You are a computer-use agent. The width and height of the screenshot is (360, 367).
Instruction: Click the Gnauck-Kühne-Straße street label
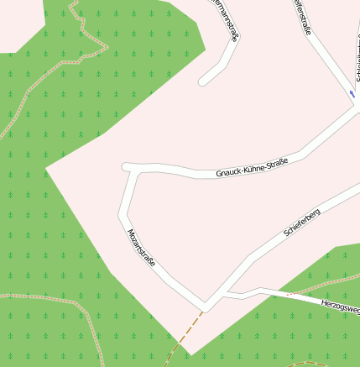[x=252, y=167]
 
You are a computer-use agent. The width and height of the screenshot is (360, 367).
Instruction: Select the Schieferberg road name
[x=302, y=224]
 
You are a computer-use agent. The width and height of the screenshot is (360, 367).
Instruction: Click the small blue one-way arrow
[x=352, y=94]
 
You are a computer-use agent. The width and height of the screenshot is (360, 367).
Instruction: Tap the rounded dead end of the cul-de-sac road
[x=203, y=82]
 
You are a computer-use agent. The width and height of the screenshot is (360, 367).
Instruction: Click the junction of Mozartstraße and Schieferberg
[x=206, y=303]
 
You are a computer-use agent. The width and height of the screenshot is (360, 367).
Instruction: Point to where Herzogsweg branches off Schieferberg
[x=227, y=293]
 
